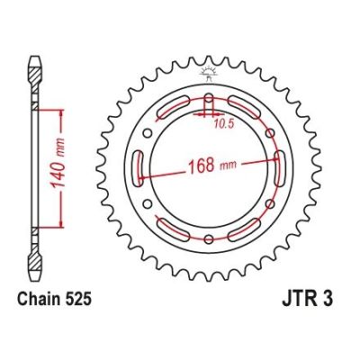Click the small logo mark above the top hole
[x=209, y=71]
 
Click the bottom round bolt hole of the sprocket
[x=209, y=256]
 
